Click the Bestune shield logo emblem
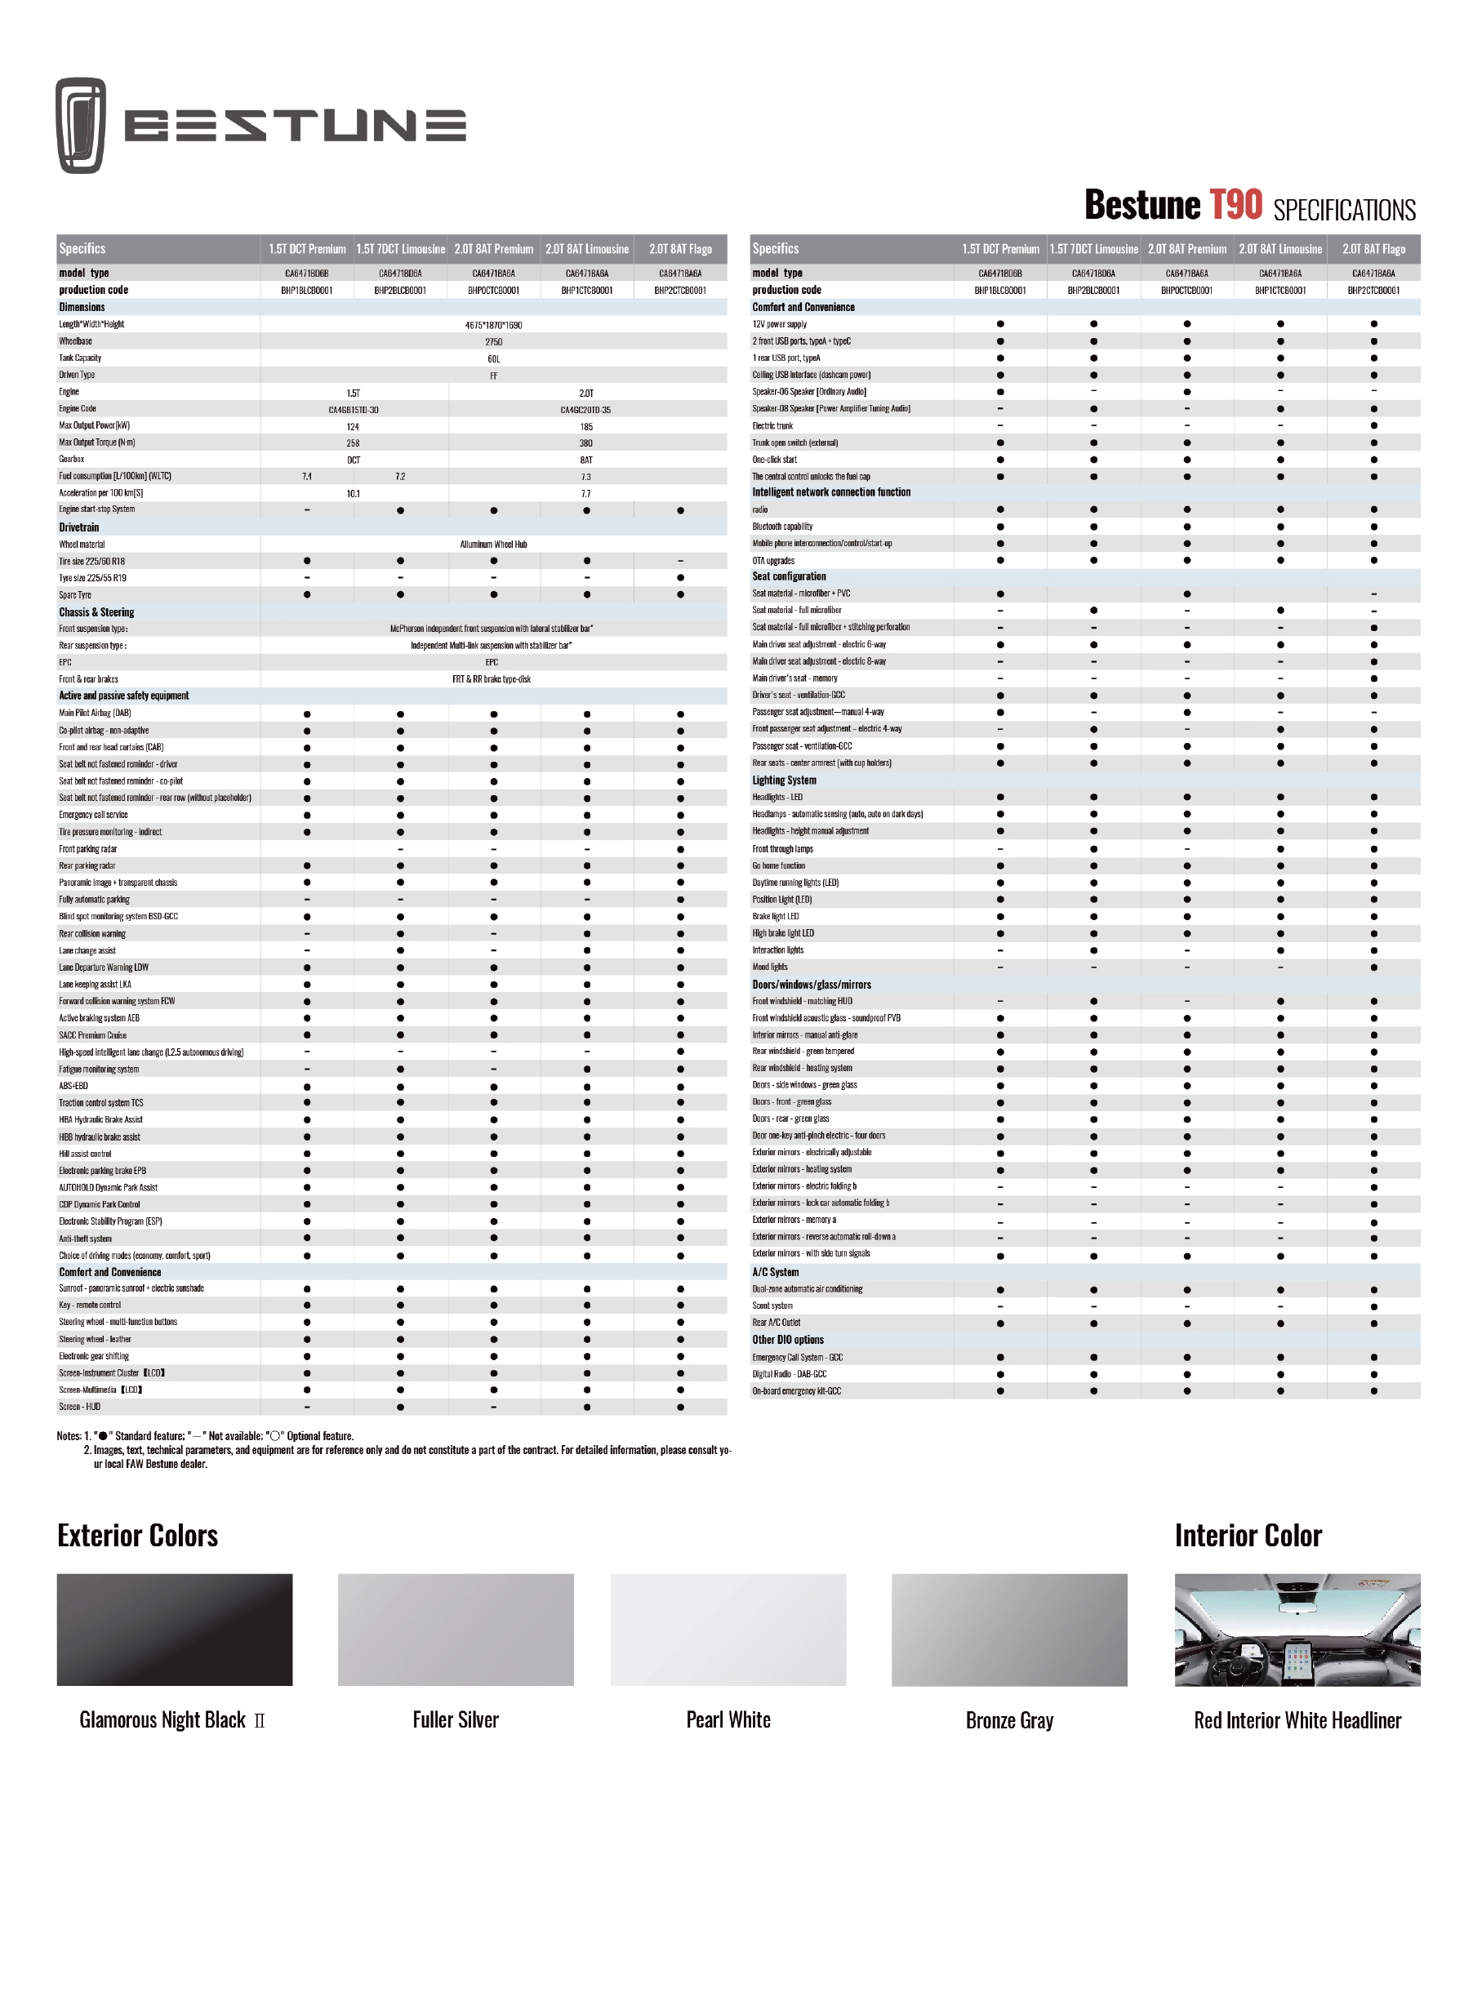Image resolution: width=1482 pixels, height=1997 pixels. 81,125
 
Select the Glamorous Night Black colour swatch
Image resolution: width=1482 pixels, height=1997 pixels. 174,1630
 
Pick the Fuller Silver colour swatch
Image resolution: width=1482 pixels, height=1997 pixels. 455,1630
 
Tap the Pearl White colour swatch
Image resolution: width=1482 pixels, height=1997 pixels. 728,1630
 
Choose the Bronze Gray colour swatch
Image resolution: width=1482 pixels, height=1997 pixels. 1008,1630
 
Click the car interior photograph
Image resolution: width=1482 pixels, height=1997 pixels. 1297,1630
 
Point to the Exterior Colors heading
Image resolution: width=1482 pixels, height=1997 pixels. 137,1535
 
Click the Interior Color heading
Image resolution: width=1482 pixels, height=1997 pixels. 1247,1535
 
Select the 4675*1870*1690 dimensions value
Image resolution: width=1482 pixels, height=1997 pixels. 493,325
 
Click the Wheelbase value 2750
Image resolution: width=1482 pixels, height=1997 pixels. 493,341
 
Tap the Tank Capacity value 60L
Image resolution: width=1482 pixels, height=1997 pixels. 493,358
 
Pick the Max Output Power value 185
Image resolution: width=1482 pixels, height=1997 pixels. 585,427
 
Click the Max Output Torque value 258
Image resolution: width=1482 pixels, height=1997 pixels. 354,443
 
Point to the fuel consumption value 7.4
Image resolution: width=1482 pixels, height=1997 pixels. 307,477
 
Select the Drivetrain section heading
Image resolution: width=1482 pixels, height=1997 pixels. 79,527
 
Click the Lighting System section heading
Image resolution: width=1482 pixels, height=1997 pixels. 784,781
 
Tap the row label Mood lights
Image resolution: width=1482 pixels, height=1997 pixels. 770,967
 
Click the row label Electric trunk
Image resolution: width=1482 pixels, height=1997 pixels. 772,426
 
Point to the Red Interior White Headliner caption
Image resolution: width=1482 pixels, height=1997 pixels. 1297,1720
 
